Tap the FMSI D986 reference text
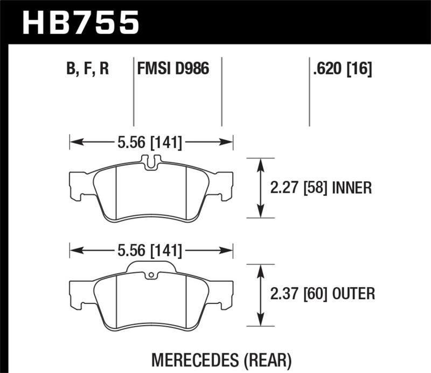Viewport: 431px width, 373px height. [x=173, y=70]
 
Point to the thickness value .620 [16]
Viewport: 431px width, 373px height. [x=341, y=70]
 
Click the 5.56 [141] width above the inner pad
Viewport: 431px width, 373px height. [x=150, y=143]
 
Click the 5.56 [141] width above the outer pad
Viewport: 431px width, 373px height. [x=150, y=251]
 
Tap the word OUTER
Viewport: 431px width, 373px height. [x=353, y=294]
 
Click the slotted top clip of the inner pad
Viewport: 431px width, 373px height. [x=151, y=161]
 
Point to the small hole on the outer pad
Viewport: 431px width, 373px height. [x=151, y=277]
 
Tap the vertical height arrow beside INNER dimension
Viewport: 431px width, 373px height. [x=261, y=188]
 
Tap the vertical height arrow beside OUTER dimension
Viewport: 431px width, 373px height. [x=261, y=295]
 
